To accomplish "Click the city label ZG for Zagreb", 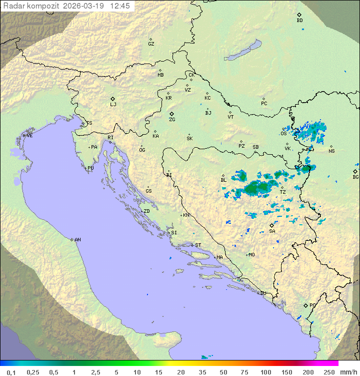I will coord(172,120).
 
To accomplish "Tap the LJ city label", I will coord(113,105).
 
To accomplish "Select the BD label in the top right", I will coord(299,21).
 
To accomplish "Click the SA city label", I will coord(272,231).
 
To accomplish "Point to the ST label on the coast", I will coord(198,245).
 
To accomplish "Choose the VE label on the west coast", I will coord(29,136).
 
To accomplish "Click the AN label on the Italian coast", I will coord(77,240).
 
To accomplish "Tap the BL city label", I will coord(223,180).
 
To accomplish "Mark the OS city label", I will coord(283,134).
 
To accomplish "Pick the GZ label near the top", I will coord(151,44).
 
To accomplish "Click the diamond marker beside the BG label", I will coord(355,171).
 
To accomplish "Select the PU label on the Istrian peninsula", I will coord(90,168).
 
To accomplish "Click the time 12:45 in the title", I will coord(120,6).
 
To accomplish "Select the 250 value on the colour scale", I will coord(329,372).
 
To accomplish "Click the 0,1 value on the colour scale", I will coord(11,372).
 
